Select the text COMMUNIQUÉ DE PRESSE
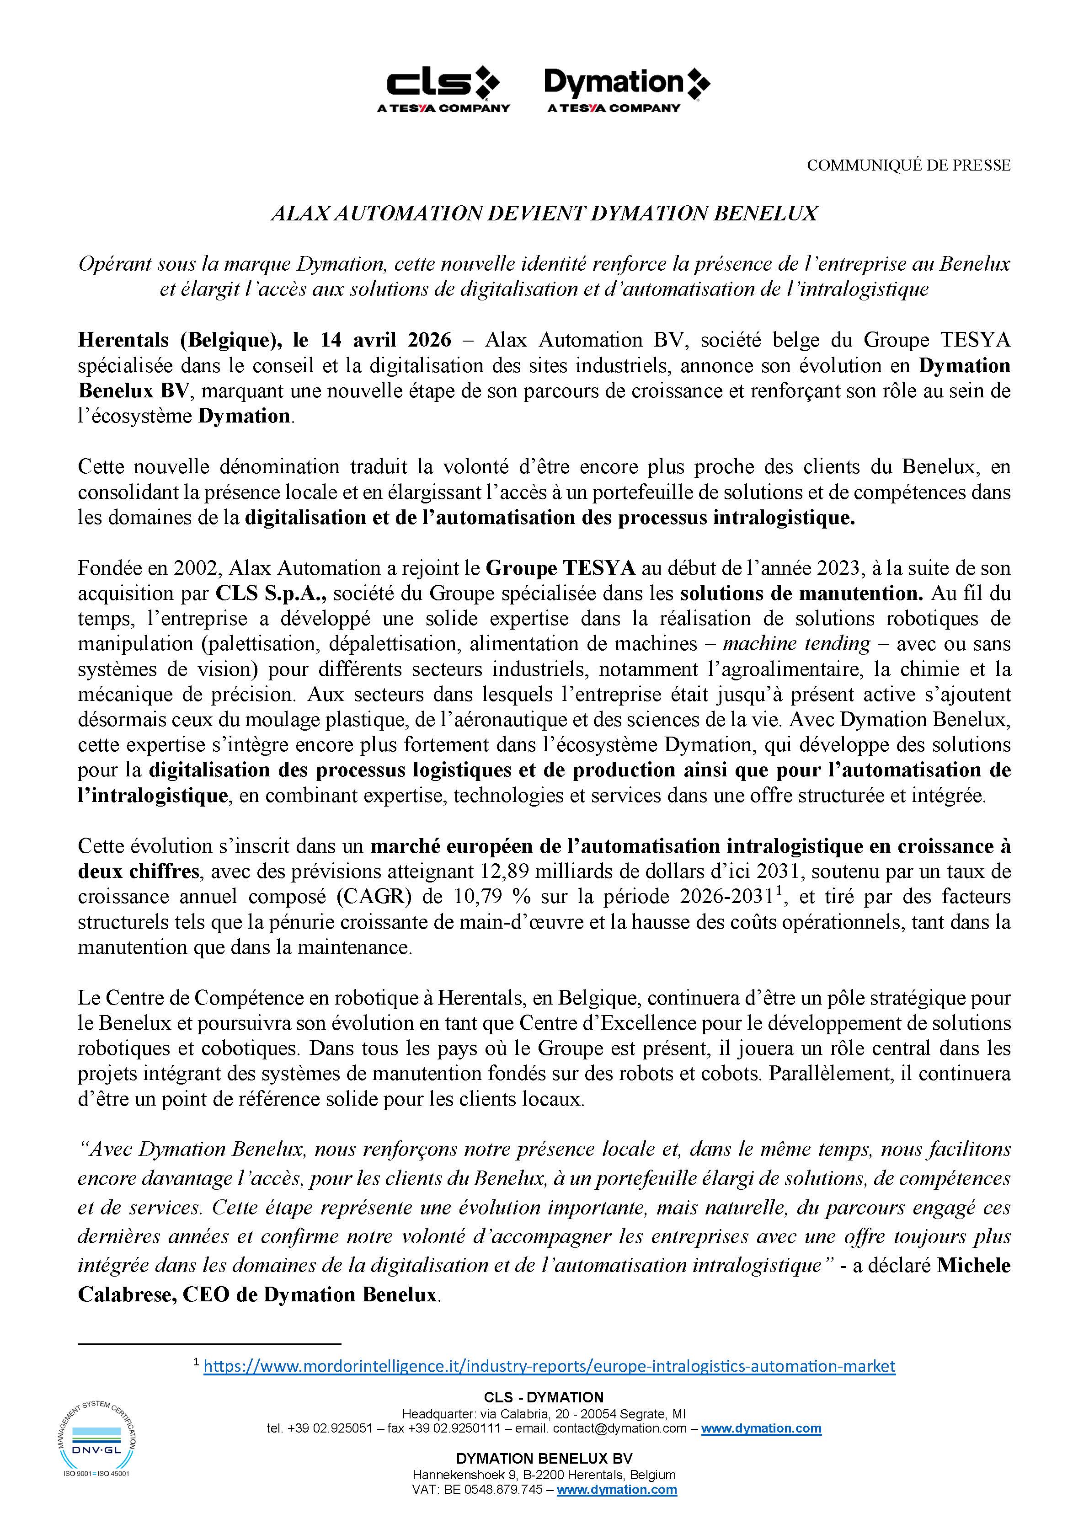pos(908,165)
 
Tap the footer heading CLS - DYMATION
pos(544,1397)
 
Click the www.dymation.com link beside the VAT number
pos(616,1490)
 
